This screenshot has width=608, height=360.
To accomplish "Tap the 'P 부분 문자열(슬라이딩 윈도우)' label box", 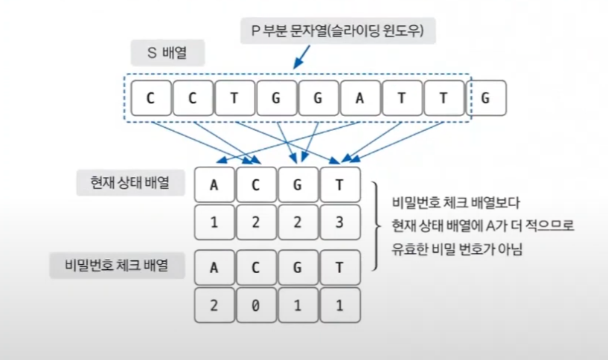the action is click(339, 33).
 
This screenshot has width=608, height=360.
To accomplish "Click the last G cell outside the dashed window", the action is click(486, 97).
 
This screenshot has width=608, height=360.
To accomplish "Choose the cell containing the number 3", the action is click(340, 222).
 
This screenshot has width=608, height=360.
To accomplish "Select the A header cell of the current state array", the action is click(214, 184).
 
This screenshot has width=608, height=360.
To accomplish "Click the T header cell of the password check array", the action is click(340, 266).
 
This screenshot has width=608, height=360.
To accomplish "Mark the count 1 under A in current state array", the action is click(214, 222).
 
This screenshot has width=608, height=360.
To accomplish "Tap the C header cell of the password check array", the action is click(257, 266).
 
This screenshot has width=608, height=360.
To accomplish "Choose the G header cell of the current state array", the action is click(298, 184).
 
